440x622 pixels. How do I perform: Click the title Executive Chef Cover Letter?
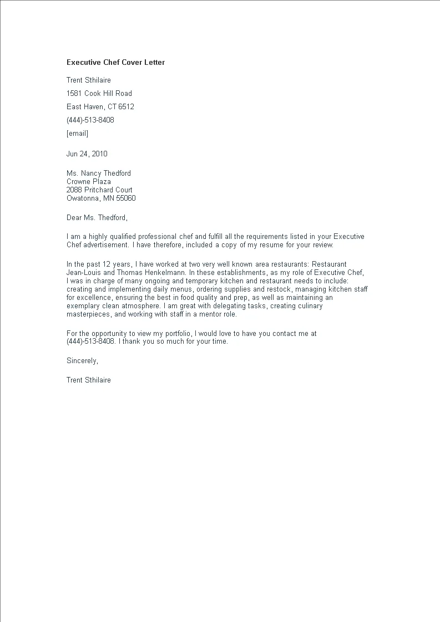click(x=115, y=63)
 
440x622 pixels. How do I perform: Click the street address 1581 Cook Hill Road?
click(x=99, y=94)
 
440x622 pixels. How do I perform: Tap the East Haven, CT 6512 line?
click(x=100, y=107)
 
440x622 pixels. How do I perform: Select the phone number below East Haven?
click(x=90, y=120)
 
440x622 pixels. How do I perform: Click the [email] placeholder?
click(x=77, y=134)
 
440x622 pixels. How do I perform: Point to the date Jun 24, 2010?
click(x=87, y=154)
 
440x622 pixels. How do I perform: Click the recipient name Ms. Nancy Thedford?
click(x=99, y=174)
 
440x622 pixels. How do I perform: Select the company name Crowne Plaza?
click(x=89, y=182)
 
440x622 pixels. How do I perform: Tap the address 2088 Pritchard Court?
click(x=99, y=190)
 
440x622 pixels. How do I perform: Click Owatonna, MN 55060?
click(x=101, y=198)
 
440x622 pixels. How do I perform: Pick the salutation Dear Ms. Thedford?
click(x=97, y=218)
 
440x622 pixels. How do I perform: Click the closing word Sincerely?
click(x=82, y=361)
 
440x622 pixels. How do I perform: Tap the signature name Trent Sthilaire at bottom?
click(x=89, y=380)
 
